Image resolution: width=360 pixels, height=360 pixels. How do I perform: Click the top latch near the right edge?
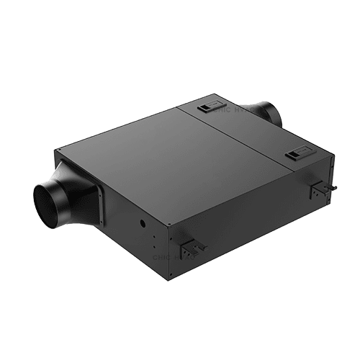coord(296,153)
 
